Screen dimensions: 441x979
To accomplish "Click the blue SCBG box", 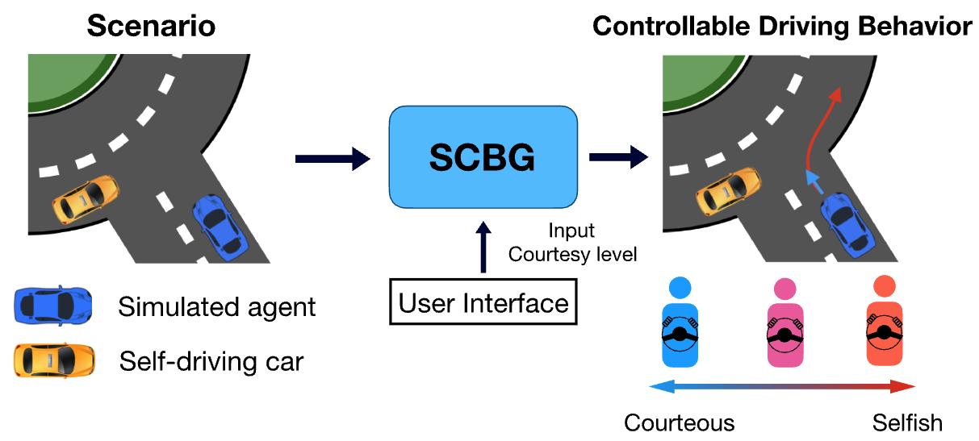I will click(483, 158).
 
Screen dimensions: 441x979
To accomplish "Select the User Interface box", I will click(483, 304).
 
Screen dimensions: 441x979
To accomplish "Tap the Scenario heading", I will click(151, 27).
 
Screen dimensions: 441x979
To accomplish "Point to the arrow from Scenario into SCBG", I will click(332, 159).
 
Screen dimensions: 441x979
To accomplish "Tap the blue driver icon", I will click(680, 322).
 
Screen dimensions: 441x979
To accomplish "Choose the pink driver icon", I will click(782, 322).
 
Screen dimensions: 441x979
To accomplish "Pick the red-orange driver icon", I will click(884, 322).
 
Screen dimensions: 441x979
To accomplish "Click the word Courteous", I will click(680, 422).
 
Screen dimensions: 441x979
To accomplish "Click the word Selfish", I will click(907, 422).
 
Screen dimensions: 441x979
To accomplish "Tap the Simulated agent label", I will click(217, 306).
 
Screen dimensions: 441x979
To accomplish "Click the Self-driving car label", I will click(211, 361).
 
